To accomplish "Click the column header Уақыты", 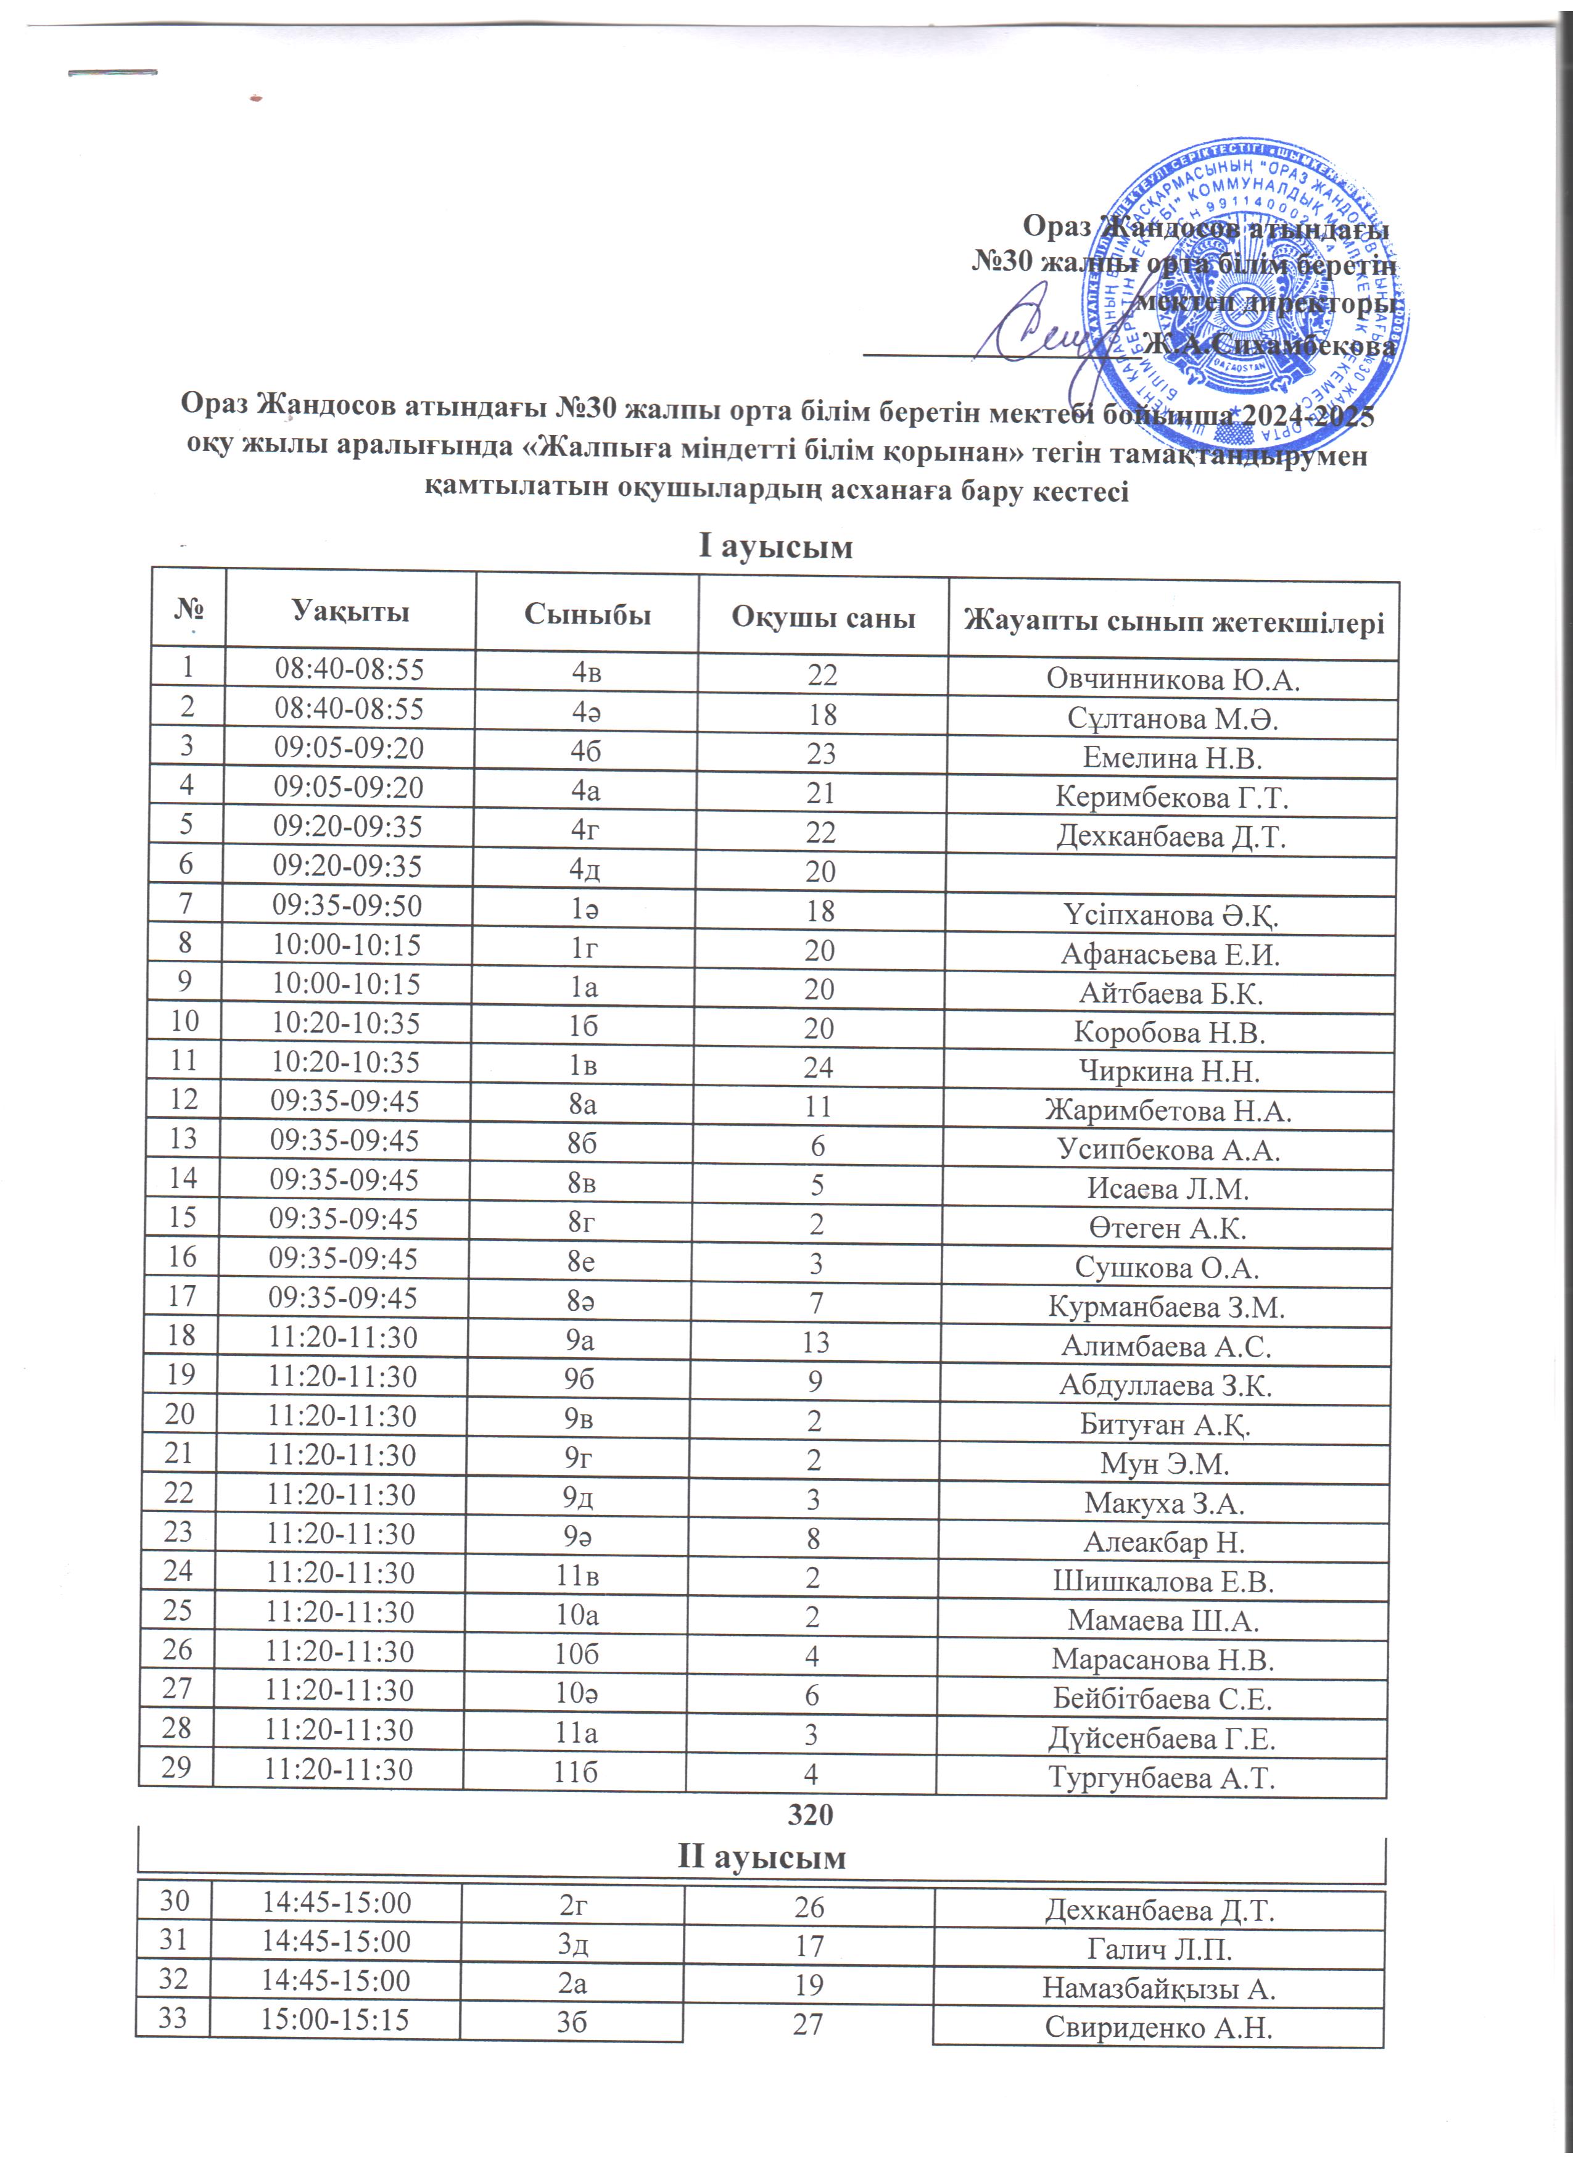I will tap(350, 611).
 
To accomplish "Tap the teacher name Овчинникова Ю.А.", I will tap(1173, 679).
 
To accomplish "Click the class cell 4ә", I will tap(585, 712).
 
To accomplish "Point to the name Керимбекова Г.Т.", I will tap(1171, 797).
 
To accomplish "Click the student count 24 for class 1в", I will tap(819, 1068).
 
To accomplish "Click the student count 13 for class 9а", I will tap(815, 1342).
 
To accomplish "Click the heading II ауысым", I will tap(761, 1857).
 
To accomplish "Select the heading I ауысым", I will tap(775, 547).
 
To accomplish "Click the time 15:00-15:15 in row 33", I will tap(335, 2019).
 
